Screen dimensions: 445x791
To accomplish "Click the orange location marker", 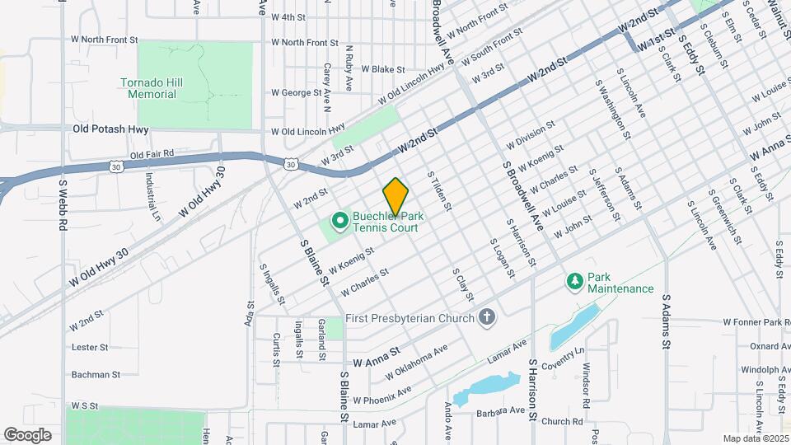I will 396,195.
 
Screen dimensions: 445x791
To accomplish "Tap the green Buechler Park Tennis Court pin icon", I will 339,220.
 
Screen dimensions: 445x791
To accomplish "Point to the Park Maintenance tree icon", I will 574,282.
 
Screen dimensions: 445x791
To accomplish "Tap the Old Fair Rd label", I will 152,153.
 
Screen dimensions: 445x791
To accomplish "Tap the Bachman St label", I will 96,374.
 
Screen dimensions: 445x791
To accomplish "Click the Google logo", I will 27,434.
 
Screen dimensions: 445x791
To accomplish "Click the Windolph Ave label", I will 765,370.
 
